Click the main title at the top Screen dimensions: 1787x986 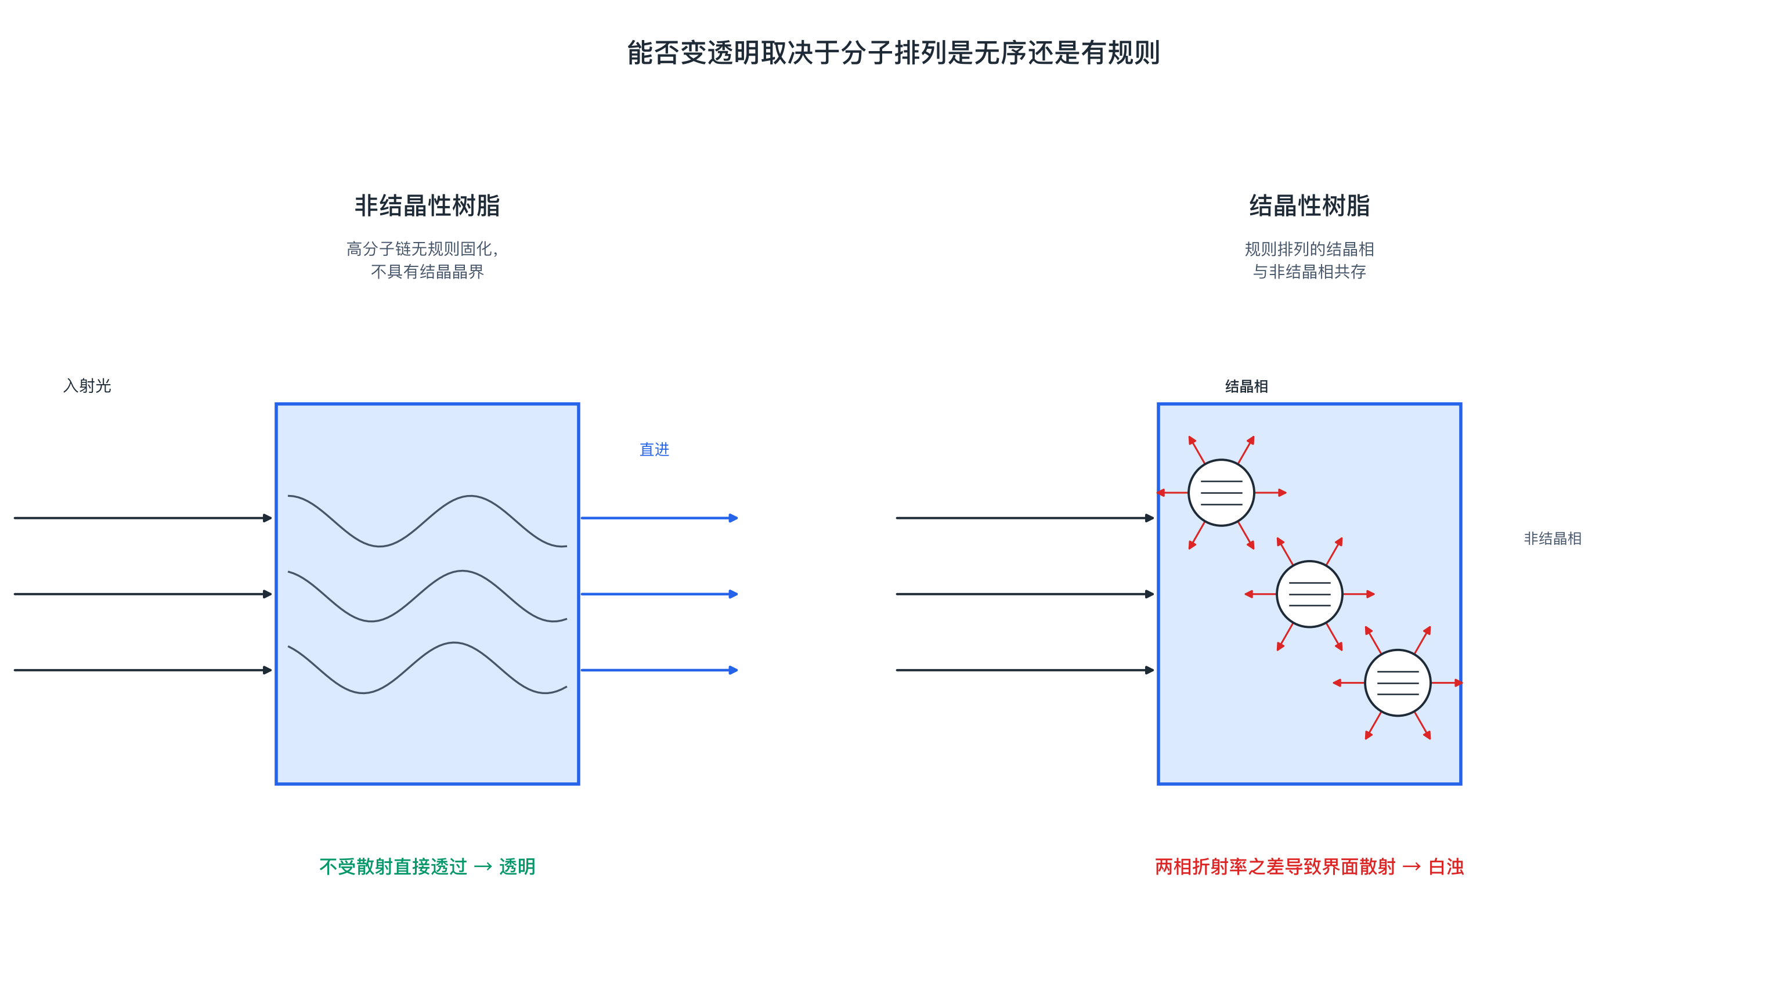[x=894, y=53]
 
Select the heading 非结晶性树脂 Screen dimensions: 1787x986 [x=427, y=205]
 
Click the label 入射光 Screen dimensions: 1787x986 [x=88, y=386]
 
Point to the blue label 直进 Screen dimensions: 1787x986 [x=654, y=450]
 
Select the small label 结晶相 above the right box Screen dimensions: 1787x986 [x=1246, y=387]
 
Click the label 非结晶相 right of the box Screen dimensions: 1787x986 [x=1553, y=539]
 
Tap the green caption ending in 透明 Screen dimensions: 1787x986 [x=427, y=866]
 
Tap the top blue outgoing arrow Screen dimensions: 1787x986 [x=659, y=518]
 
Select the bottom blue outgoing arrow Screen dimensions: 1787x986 [x=659, y=670]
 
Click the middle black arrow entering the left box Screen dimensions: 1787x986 [x=143, y=594]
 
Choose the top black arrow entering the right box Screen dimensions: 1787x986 [x=1026, y=518]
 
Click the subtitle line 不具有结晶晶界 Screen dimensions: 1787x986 [x=427, y=271]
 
